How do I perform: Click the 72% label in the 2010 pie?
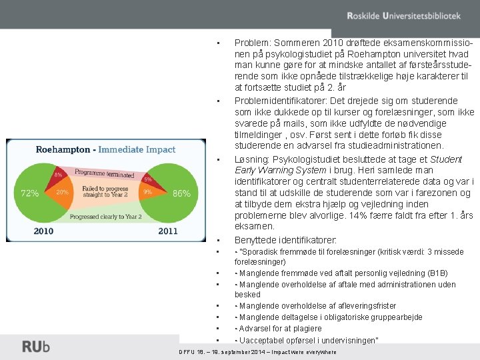click(30, 193)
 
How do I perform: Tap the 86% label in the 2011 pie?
click(181, 194)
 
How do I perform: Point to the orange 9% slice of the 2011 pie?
click(147, 192)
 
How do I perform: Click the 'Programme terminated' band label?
click(105, 174)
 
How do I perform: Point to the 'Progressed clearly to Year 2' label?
click(105, 217)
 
